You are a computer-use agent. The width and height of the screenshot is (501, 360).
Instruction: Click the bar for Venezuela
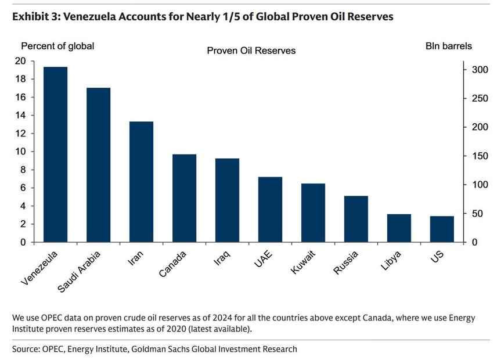(56, 154)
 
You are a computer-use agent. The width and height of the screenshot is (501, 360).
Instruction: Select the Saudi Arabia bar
(98, 165)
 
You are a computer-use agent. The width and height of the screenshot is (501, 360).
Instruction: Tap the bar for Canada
(184, 198)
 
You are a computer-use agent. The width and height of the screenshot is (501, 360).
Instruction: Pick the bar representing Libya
(399, 228)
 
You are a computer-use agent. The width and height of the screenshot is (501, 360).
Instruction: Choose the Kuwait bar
(313, 213)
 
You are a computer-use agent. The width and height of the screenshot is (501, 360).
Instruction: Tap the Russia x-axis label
(346, 262)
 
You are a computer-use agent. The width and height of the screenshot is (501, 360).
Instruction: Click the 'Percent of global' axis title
(57, 46)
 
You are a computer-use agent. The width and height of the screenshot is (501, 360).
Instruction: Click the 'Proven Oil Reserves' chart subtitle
(251, 51)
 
